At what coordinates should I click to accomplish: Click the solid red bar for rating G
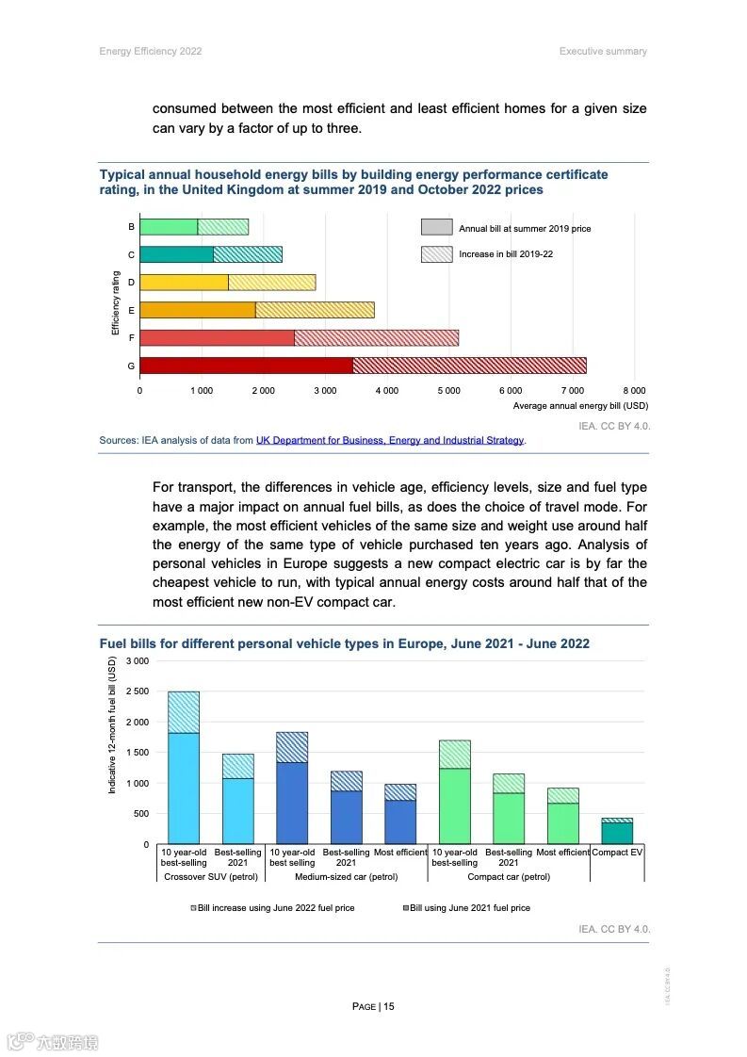246,366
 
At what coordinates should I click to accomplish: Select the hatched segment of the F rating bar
376,337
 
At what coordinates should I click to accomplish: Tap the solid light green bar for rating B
169,227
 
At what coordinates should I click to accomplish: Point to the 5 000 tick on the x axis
448,390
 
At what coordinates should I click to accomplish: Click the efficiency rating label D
131,283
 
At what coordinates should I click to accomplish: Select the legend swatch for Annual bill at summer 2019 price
436,227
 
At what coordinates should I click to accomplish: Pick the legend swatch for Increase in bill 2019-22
436,254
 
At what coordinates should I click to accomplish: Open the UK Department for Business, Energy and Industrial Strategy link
390,440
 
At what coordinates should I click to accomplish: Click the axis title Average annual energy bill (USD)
580,406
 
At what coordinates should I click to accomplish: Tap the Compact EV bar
617,833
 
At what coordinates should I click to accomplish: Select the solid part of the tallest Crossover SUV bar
184,788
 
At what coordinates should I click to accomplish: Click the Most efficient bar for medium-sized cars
400,821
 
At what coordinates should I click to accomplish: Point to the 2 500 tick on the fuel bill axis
138,691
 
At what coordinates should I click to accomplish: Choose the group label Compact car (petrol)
509,877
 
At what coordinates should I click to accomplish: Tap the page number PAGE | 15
373,1006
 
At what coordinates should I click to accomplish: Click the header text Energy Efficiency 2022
151,51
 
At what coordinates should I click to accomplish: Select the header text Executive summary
603,51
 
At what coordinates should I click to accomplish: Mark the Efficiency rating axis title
116,303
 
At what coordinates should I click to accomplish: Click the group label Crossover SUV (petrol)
211,877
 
